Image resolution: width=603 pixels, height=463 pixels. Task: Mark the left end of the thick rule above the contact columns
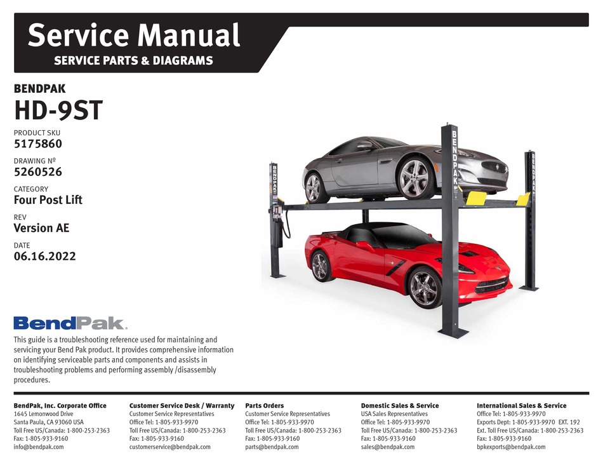pyautogui.click(x=14, y=393)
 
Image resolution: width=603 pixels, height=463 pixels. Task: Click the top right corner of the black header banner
pyautogui.click(x=589, y=13)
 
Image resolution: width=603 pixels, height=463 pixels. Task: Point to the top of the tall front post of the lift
pyautogui.click(x=449, y=124)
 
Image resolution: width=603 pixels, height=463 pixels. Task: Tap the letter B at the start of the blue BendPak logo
pyautogui.click(x=22, y=323)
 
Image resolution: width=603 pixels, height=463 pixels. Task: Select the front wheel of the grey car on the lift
pyautogui.click(x=414, y=178)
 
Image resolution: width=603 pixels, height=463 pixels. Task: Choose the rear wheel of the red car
pyautogui.click(x=319, y=266)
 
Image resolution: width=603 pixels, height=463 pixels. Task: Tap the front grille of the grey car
pyautogui.click(x=494, y=168)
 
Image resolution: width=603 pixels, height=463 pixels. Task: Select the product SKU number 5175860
pyautogui.click(x=37, y=144)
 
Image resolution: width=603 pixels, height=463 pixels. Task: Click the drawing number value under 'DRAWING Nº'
pyautogui.click(x=37, y=172)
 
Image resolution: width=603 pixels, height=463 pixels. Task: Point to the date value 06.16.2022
pyautogui.click(x=44, y=257)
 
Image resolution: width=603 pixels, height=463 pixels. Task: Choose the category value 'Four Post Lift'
pyautogui.click(x=48, y=200)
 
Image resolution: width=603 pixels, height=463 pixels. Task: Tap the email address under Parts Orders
pyautogui.click(x=272, y=447)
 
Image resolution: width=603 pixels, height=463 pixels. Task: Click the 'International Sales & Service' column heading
pyautogui.click(x=522, y=406)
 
